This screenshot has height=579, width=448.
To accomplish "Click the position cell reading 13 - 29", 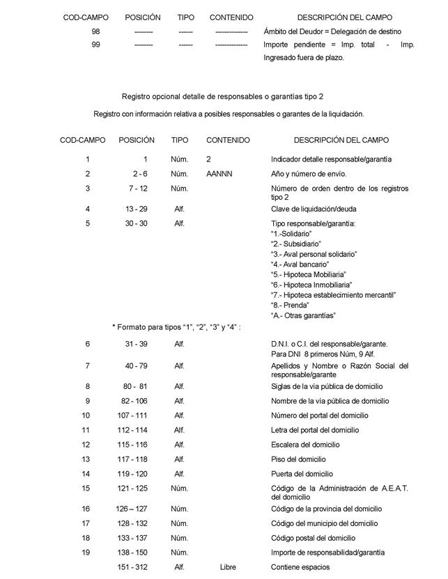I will [137, 209].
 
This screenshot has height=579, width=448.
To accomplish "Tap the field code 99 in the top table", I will [95, 45].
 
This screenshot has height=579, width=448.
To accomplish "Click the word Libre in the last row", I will [228, 567].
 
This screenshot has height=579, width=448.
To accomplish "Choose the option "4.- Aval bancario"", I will [299, 264].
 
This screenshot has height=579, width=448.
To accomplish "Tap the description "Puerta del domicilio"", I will [303, 474].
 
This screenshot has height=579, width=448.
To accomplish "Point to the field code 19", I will [86, 553].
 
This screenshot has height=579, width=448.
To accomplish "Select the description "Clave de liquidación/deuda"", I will [314, 209].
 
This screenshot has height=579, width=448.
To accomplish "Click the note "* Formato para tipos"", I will [176, 327].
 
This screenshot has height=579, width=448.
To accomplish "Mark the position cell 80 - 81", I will [137, 386].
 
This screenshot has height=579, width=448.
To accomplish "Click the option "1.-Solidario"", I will [291, 234].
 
